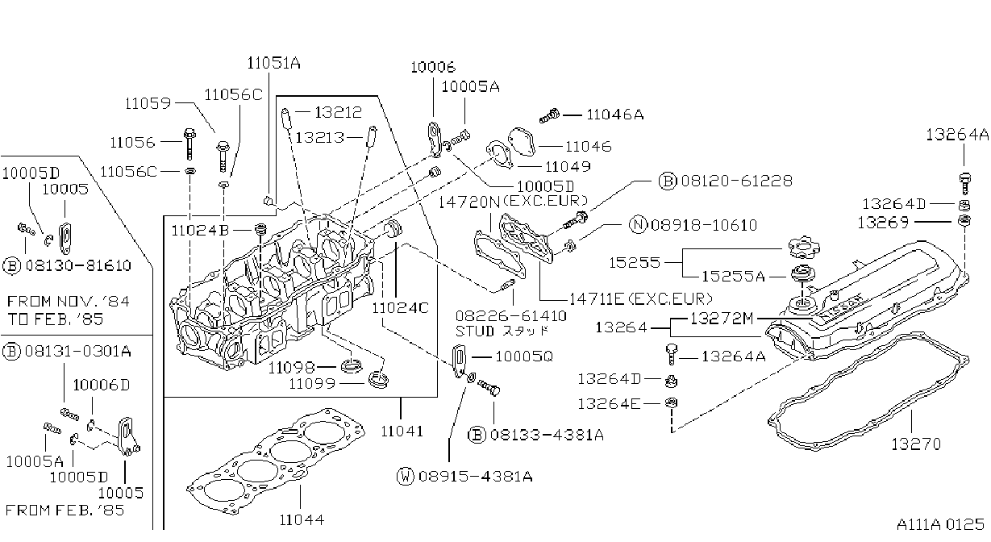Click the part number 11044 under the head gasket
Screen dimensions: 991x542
(302, 519)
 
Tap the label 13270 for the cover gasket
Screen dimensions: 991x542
(916, 444)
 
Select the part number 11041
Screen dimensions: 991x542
(402, 431)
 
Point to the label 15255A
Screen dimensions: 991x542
(734, 276)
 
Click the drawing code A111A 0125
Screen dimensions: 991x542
(940, 524)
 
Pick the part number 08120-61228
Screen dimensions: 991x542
(737, 181)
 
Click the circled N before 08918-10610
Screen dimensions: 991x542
(639, 225)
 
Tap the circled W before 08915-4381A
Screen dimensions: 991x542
(406, 476)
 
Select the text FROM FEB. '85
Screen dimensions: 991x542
(65, 511)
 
